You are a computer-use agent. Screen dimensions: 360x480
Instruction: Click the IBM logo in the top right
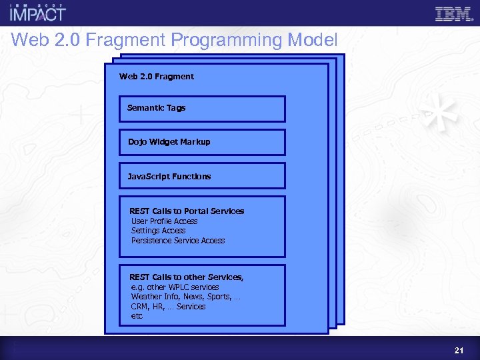tap(454, 14)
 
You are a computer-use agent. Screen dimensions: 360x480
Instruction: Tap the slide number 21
tap(458, 350)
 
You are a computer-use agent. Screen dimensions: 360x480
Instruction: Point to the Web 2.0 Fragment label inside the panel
tap(157, 77)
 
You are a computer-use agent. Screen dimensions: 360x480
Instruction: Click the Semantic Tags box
tap(202, 108)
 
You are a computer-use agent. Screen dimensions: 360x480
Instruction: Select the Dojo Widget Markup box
tap(202, 142)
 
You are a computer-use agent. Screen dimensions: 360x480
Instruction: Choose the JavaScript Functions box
tap(202, 177)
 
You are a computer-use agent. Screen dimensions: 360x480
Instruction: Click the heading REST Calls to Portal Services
tap(187, 211)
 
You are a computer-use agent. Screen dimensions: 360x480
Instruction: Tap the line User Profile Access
tap(164, 221)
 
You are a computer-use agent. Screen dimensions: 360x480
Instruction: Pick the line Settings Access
tap(158, 231)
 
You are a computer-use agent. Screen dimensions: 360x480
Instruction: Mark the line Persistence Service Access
tap(178, 241)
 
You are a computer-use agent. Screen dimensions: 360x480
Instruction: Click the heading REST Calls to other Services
tap(187, 277)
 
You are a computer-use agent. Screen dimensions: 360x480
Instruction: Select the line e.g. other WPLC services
tap(175, 287)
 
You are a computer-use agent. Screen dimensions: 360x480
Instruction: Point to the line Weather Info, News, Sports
tap(185, 297)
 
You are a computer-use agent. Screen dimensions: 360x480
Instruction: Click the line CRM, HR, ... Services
tap(168, 307)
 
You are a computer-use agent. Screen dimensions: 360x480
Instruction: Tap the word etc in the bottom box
tap(137, 316)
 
